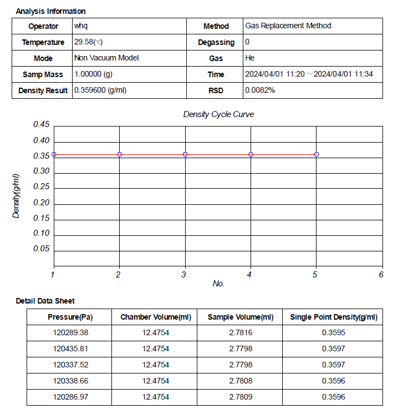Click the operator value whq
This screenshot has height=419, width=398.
point(81,26)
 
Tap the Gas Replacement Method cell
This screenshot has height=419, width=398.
point(288,26)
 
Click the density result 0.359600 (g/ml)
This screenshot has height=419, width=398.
point(100,90)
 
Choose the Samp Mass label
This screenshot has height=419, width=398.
point(43,74)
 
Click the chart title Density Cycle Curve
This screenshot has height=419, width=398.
point(218,114)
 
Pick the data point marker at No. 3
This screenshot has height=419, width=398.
point(185,154)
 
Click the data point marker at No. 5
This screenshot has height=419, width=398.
point(317,154)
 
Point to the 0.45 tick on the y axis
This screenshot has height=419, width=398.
point(42,124)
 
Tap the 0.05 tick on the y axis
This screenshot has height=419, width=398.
point(42,249)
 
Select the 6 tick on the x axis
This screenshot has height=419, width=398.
point(381,274)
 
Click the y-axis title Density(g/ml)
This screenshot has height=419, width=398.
point(17,196)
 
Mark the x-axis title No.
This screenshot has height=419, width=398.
point(218,284)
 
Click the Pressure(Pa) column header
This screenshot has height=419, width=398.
point(70,317)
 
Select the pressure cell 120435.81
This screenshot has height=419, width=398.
point(70,349)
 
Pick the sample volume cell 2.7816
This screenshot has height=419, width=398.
point(240,333)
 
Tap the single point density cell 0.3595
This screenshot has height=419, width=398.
point(333,333)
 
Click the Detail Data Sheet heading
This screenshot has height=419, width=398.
point(45,301)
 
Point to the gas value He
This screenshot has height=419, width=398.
point(250,58)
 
